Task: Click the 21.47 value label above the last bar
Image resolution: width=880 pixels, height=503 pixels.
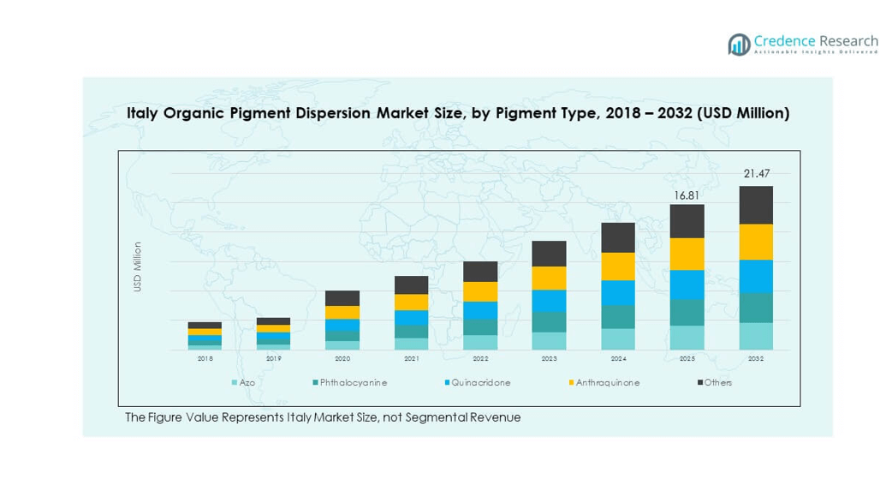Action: click(756, 174)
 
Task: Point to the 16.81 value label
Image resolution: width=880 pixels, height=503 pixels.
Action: click(687, 195)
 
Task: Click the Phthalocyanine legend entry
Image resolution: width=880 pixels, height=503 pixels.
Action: click(353, 382)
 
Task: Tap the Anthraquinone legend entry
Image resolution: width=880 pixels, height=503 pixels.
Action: click(607, 382)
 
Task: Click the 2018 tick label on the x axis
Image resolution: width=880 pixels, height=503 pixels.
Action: click(205, 359)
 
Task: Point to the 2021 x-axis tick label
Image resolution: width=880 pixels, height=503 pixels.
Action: click(411, 359)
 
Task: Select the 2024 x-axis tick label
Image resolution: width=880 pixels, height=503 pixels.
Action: click(618, 359)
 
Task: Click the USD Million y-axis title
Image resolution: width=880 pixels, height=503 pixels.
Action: click(137, 267)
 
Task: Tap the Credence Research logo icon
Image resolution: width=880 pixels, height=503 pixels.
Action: click(739, 45)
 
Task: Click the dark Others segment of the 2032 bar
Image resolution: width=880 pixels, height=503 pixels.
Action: click(756, 205)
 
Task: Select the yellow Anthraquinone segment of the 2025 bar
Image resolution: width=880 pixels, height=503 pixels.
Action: click(687, 254)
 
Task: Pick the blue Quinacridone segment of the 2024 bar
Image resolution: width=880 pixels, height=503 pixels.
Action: click(618, 292)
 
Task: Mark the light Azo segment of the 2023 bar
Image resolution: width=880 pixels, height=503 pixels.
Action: click(549, 340)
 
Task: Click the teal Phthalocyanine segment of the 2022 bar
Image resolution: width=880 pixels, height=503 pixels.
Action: click(480, 327)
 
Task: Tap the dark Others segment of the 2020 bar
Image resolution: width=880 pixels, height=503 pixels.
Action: click(342, 298)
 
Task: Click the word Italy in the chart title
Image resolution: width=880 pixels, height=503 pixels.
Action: click(143, 113)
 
